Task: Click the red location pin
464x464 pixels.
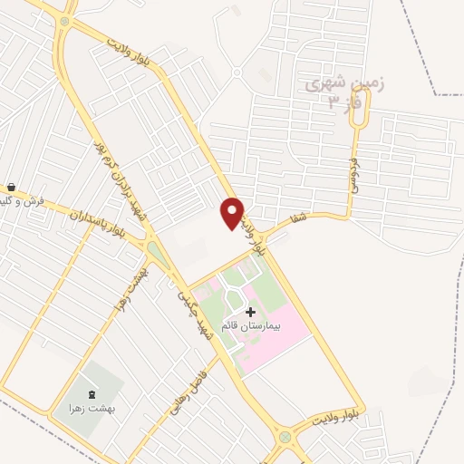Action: (232, 212)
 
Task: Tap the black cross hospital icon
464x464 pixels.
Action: (250, 312)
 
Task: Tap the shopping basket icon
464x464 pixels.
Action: (10, 187)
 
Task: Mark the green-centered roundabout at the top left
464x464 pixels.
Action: (65, 21)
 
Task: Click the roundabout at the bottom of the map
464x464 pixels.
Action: (285, 437)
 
